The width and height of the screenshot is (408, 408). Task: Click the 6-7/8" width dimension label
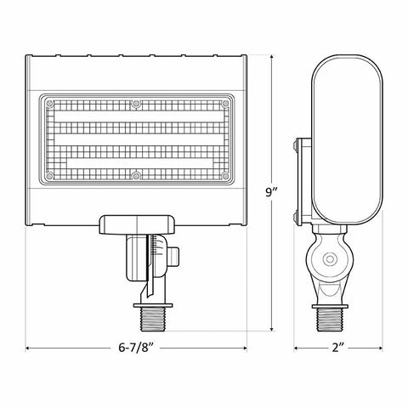tap(136, 348)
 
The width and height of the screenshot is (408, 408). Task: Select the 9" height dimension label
tap(271, 192)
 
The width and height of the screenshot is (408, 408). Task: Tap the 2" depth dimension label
tap(337, 348)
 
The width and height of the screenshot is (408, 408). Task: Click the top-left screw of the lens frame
tap(49, 103)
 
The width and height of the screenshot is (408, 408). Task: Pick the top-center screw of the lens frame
tap(136, 104)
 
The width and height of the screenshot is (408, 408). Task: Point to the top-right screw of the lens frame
tap(225, 103)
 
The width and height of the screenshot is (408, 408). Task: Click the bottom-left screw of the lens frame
tap(49, 176)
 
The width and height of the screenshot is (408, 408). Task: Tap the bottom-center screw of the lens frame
tap(136, 176)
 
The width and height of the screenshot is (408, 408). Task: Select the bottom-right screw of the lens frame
tap(225, 176)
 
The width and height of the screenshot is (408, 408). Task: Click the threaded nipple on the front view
tap(153, 320)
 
